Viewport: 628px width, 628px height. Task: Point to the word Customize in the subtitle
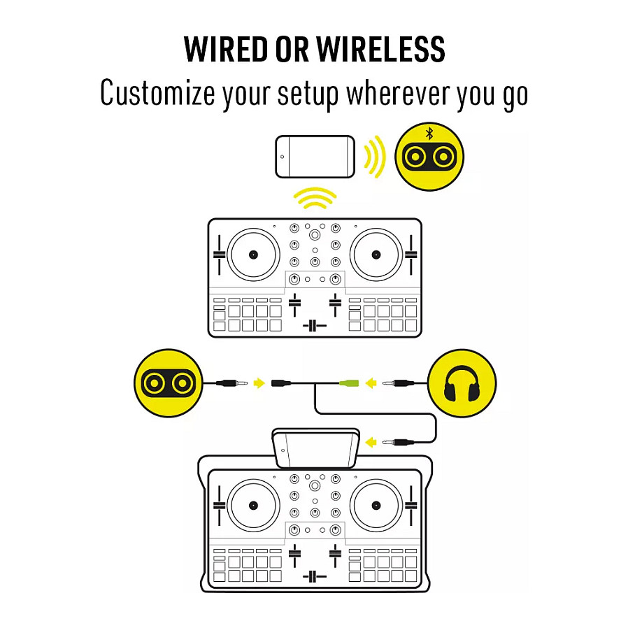point(157,93)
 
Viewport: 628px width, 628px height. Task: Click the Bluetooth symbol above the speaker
point(429,134)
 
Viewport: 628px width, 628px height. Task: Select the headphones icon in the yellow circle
point(462,383)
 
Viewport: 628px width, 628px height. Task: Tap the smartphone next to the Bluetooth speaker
point(315,157)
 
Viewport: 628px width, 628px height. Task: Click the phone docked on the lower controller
point(315,448)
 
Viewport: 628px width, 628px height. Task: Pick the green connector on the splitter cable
point(349,383)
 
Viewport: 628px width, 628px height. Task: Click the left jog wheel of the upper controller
point(253,255)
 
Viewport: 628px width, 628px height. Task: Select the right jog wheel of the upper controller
point(376,255)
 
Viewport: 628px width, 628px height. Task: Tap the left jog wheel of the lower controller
point(253,506)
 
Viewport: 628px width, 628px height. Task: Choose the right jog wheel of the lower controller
point(376,506)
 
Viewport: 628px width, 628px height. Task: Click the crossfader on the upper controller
point(315,326)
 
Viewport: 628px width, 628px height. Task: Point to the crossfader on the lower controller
point(315,577)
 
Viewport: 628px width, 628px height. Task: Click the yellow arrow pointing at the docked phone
point(371,443)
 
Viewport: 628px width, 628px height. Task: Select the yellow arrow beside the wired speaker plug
point(259,383)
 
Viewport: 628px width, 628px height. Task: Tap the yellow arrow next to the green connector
point(371,383)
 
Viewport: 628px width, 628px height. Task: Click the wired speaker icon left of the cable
point(169,383)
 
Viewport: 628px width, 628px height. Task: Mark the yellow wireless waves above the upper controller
point(315,198)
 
